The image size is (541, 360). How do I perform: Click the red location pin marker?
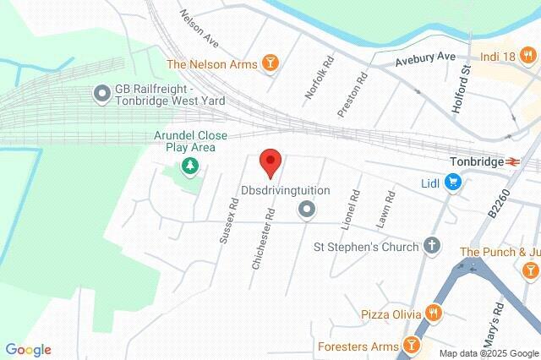(x=270, y=161)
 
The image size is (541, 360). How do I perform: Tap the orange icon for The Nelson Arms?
(x=270, y=63)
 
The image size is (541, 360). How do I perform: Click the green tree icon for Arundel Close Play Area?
(x=190, y=167)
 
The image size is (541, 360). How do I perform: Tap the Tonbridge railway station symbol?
(x=511, y=161)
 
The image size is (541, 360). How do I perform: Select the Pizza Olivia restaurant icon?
(x=434, y=314)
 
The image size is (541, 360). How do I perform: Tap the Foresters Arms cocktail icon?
(x=411, y=345)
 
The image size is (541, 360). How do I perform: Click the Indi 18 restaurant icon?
(x=528, y=56)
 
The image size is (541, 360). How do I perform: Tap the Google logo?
(x=28, y=350)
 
